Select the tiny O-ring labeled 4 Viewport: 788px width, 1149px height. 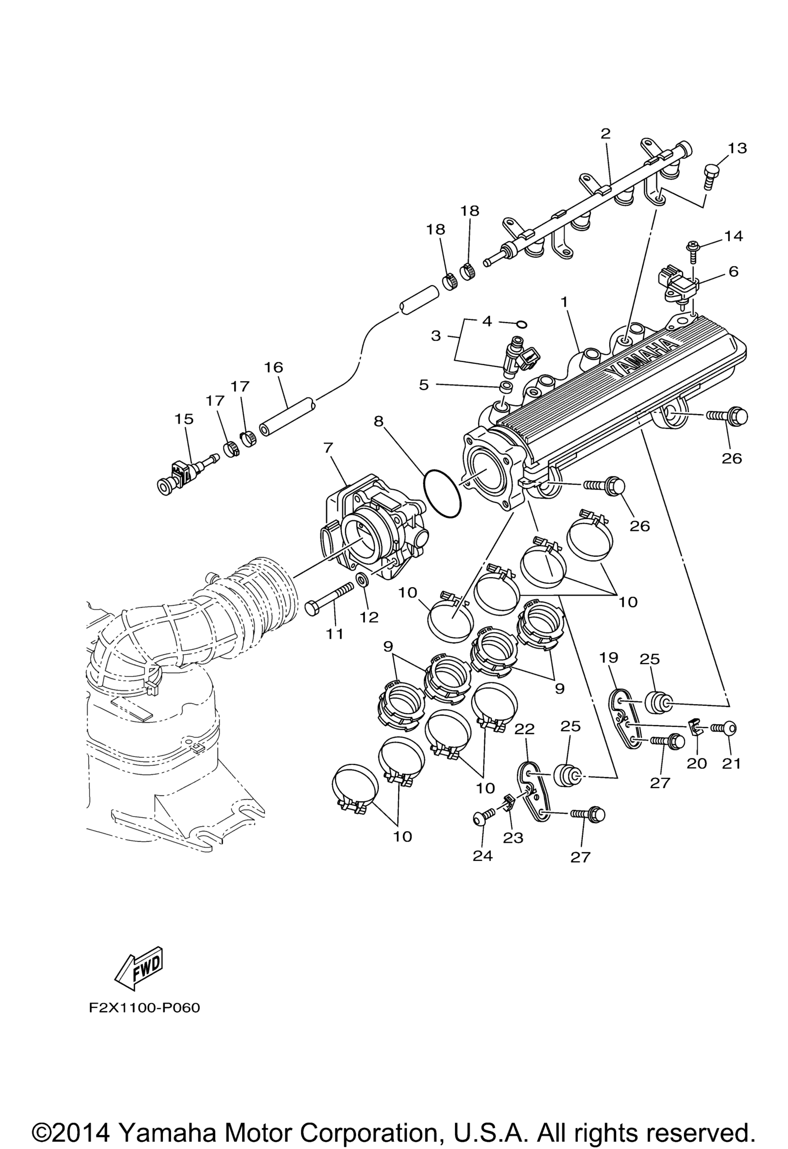tap(521, 324)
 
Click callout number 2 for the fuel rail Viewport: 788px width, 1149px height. tap(606, 134)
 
